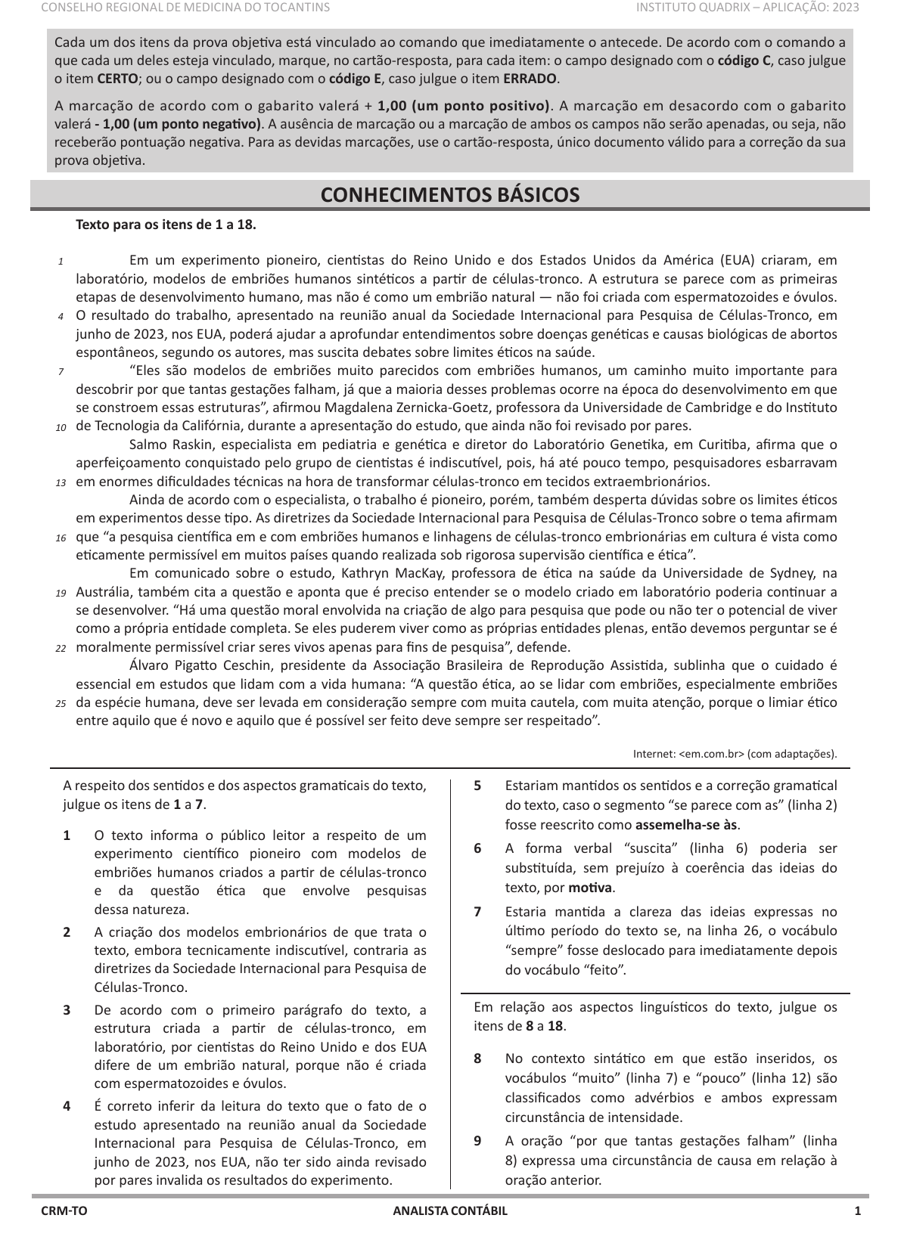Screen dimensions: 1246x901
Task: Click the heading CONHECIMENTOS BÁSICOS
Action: (x=450, y=195)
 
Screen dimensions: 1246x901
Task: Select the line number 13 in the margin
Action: (x=60, y=482)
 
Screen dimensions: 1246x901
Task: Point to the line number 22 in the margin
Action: (x=60, y=648)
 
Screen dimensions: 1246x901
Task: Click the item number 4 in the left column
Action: (x=67, y=1106)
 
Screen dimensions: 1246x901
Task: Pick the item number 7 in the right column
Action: (x=478, y=911)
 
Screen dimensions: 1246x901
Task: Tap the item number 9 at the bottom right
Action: (x=478, y=1141)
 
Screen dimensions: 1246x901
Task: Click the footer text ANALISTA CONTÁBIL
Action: (x=450, y=1210)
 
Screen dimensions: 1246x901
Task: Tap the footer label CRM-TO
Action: (x=64, y=1210)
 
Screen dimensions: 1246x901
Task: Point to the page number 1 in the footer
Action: (x=857, y=1210)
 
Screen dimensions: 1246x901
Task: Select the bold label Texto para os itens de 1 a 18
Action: (x=166, y=225)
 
